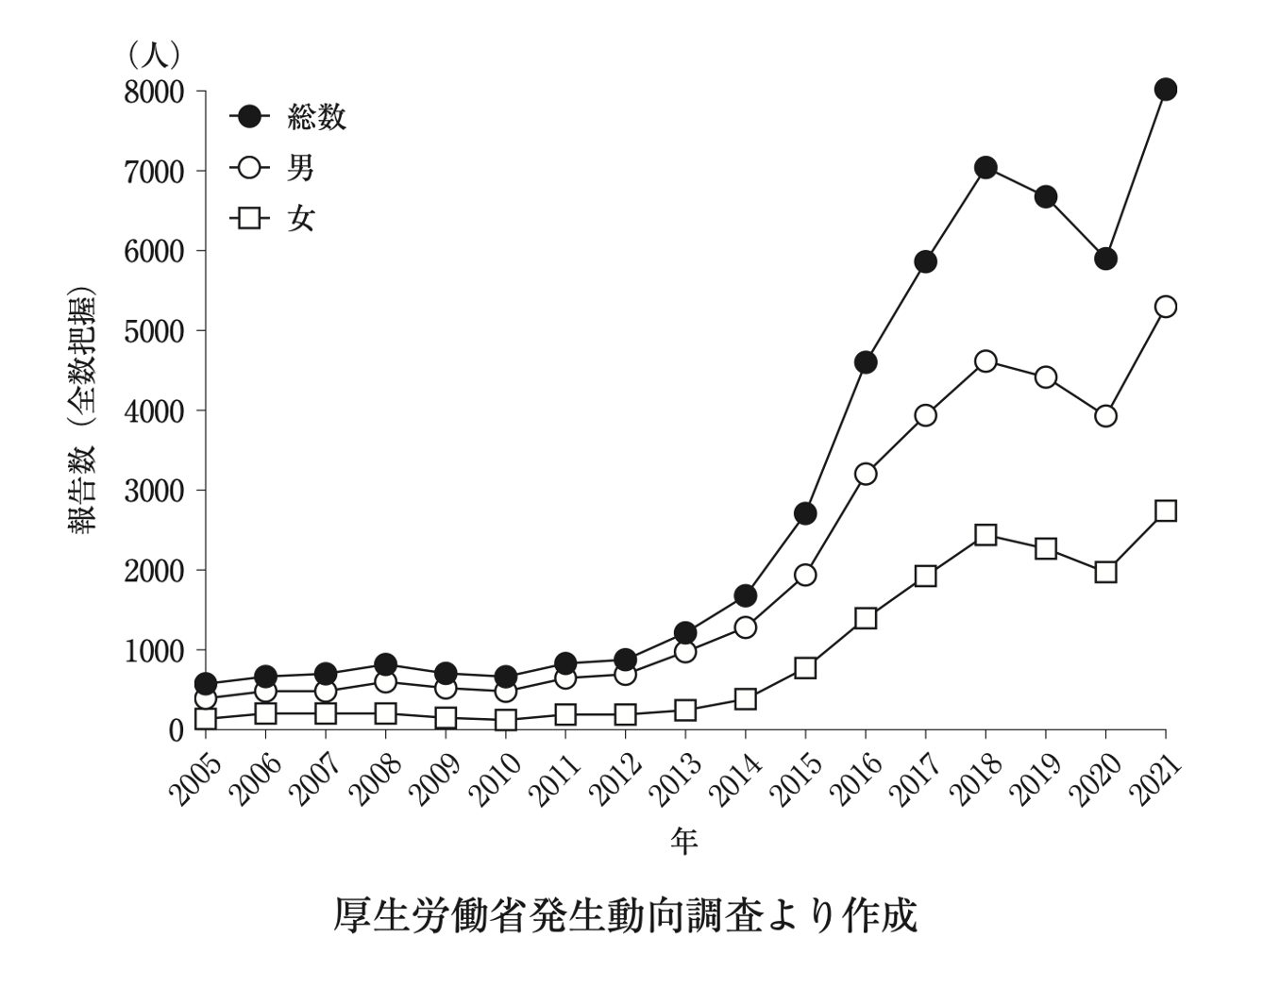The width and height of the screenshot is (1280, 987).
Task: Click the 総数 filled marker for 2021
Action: tap(1166, 90)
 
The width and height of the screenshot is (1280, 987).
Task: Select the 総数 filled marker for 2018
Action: tap(985, 168)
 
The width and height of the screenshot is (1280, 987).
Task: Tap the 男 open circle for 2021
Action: tap(1166, 307)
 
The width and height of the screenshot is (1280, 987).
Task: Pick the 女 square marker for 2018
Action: tap(985, 535)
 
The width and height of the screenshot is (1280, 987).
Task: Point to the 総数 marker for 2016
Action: tap(866, 362)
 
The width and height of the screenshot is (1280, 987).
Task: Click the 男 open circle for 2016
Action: tap(866, 474)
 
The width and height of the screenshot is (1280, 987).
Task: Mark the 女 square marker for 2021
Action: tap(1166, 510)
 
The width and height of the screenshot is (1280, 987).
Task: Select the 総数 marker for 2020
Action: tap(1105, 259)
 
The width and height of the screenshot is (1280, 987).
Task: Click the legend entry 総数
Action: tap(289, 117)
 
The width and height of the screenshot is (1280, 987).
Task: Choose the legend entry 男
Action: tap(274, 168)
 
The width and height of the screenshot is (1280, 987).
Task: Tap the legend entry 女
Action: tap(274, 219)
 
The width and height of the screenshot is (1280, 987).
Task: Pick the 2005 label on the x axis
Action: tap(194, 780)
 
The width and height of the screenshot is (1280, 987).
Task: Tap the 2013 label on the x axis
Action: tap(674, 780)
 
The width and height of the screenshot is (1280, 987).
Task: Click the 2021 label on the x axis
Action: tap(1155, 780)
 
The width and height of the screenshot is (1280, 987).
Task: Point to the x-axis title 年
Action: tap(684, 839)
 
